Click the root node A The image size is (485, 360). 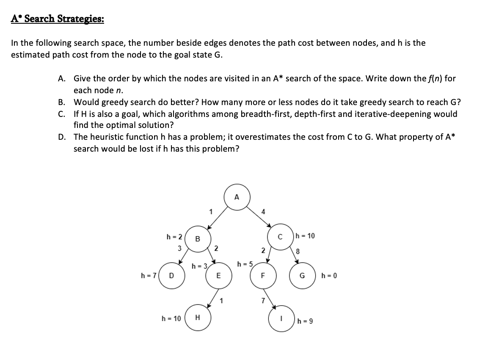tap(237, 197)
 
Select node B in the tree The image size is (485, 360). tap(197, 238)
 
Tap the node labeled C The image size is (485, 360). tap(279, 236)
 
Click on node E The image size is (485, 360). tap(218, 276)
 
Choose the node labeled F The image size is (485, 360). tap(262, 276)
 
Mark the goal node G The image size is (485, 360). tap(302, 276)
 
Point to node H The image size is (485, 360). tap(197, 318)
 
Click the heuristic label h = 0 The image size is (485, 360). tap(329, 276)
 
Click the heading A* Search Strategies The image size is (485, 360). tap(58, 19)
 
